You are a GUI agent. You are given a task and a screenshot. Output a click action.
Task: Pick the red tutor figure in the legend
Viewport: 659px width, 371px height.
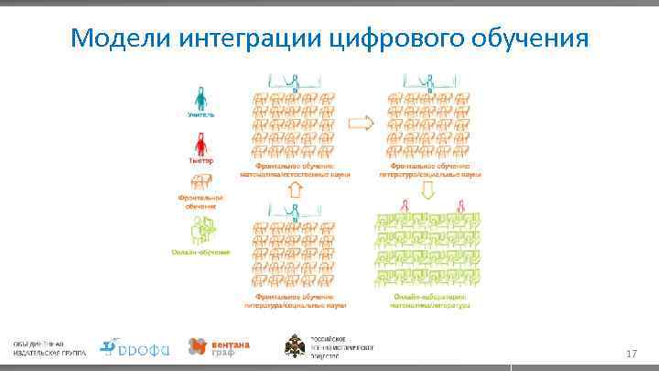click(201, 143)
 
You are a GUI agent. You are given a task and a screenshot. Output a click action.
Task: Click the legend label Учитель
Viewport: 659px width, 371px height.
click(201, 115)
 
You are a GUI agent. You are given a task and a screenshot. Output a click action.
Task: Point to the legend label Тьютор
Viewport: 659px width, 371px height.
click(201, 160)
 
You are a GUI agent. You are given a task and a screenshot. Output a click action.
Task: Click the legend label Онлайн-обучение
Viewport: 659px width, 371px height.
click(200, 251)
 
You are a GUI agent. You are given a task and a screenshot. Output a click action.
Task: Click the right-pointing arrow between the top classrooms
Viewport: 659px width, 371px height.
click(363, 122)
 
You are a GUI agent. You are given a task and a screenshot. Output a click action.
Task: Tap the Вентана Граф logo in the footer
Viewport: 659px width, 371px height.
click(219, 346)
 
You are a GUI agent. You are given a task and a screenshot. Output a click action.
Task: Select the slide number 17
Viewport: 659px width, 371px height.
click(631, 354)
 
